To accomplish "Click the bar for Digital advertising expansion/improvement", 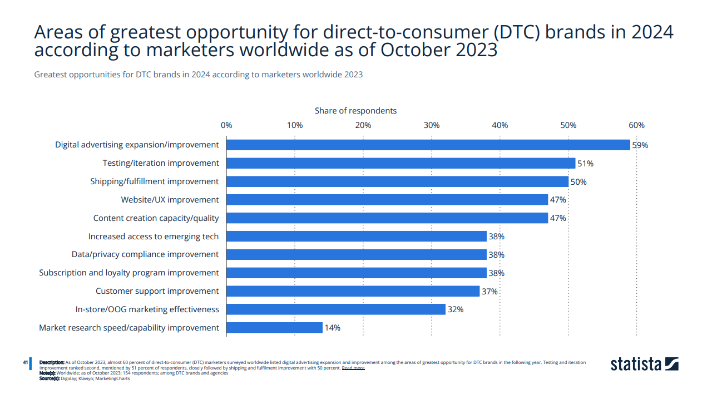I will point(428,145).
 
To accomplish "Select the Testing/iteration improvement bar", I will point(400,163).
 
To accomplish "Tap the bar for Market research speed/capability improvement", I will point(274,328).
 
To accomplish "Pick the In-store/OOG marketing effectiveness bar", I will point(336,309).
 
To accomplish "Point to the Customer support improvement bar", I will point(353,291).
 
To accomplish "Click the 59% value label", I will point(640,145).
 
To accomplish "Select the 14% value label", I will point(332,328).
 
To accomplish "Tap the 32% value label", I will point(455,309).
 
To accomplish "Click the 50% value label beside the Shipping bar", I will point(578,181).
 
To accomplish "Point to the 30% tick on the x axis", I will point(432,125).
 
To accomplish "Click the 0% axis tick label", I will point(226,125).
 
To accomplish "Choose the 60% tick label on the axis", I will point(636,125).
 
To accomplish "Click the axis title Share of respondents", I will point(355,111).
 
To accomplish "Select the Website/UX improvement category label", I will point(170,200).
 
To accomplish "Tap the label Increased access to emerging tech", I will point(153,237).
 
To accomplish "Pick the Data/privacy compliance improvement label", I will point(145,254).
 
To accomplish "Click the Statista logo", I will point(644,365).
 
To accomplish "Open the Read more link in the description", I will point(353,368).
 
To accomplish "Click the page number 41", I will point(26,362).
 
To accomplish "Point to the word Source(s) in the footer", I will point(50,378).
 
